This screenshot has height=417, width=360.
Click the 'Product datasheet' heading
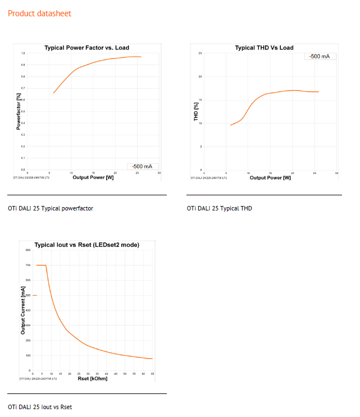(39, 13)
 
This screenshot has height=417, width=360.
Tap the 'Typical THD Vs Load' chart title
(264, 48)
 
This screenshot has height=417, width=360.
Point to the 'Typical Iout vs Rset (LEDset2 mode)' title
(87, 245)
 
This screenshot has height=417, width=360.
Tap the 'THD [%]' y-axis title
(196, 112)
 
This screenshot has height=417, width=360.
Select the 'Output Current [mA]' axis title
(23, 310)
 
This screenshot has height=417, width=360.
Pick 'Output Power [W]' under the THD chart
(270, 177)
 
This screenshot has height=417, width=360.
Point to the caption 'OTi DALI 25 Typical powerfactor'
(51, 208)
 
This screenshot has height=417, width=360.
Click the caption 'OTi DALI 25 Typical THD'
(220, 208)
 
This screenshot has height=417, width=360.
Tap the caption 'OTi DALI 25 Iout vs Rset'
(40, 407)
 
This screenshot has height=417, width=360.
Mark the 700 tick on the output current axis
(27, 265)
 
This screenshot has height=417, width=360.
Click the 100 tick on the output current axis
(27, 355)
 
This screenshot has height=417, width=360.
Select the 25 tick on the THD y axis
(200, 53)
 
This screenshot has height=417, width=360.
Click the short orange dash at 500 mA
(34, 295)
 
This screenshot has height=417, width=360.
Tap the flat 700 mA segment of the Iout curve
(41, 265)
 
